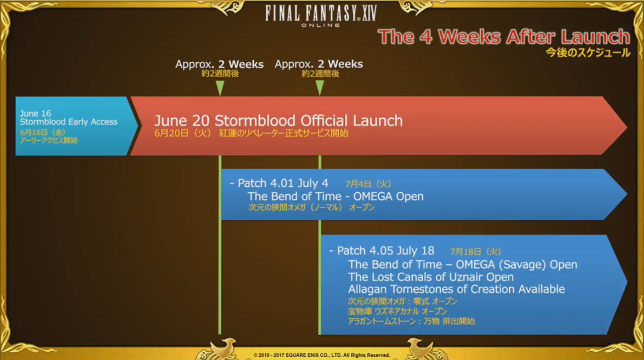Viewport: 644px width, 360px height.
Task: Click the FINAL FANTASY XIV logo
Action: [x=321, y=16]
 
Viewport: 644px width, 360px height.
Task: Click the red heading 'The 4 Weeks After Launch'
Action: [x=504, y=37]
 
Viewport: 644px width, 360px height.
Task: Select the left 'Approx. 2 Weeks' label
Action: [x=219, y=65]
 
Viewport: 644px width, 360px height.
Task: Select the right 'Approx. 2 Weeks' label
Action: [x=319, y=65]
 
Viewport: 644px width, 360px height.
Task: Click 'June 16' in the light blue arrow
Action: [x=35, y=113]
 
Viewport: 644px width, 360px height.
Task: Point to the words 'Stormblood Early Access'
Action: [x=68, y=122]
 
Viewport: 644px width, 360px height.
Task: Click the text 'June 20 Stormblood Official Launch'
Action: [x=278, y=121]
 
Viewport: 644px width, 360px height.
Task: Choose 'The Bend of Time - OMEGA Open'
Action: [x=335, y=196]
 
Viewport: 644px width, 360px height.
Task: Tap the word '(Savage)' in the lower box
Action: [x=522, y=265]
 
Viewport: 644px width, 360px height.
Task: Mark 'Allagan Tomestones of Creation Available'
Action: [x=456, y=289]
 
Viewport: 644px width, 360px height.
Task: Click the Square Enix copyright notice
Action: [x=322, y=355]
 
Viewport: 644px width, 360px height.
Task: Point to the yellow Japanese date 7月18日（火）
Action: [x=475, y=252]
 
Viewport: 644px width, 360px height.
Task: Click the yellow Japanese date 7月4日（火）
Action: [x=368, y=184]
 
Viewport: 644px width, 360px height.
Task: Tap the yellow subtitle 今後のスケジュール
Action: [x=588, y=53]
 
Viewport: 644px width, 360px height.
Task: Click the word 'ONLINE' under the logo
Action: [x=321, y=25]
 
